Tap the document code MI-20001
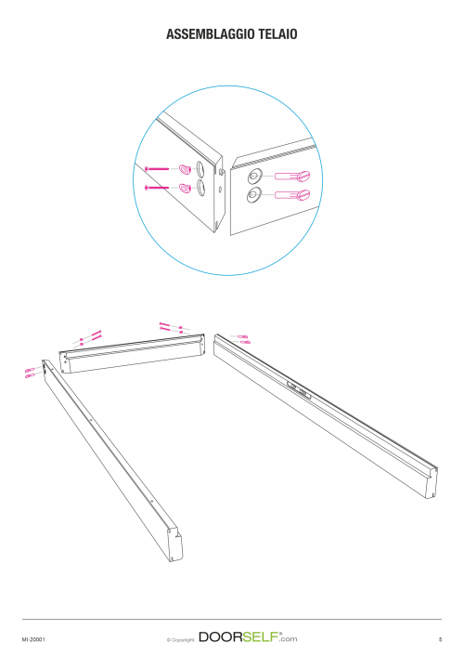33,639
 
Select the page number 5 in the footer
440,639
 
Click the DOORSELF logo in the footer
248,637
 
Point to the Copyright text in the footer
180,639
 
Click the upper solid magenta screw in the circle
157,168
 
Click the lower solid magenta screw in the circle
157,188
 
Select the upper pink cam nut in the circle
185,169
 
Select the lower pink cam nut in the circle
185,188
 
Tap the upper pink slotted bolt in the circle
292,176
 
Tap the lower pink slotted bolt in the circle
292,194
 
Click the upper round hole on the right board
254,177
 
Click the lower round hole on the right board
253,195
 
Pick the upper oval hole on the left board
200,170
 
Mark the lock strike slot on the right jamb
299,389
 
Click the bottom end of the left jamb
175,544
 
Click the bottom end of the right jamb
432,482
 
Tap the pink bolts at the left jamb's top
30,373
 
